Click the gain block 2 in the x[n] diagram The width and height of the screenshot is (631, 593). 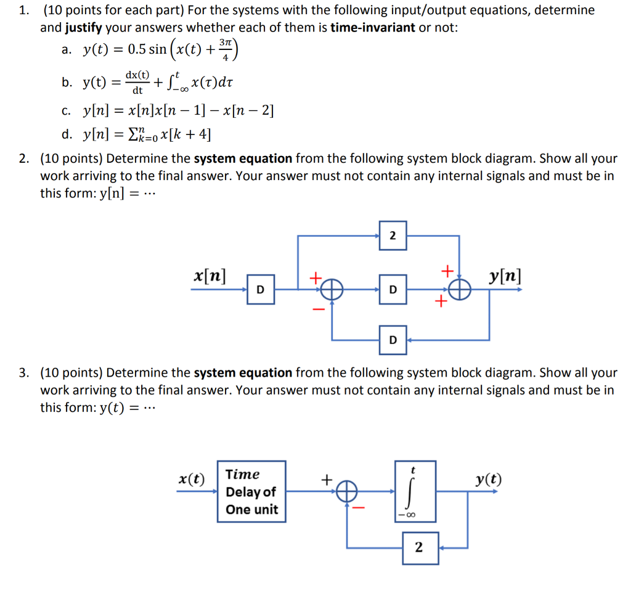pyautogui.click(x=393, y=235)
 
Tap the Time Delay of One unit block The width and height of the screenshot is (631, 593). pyautogui.click(x=251, y=491)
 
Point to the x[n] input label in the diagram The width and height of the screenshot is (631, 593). pyautogui.click(x=210, y=274)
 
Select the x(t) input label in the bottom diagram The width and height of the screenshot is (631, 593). pyautogui.click(x=192, y=479)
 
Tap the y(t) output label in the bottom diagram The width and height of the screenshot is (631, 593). pyautogui.click(x=489, y=479)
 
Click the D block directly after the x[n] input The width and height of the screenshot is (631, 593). pyautogui.click(x=261, y=289)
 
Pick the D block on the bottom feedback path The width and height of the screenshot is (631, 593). pyautogui.click(x=393, y=340)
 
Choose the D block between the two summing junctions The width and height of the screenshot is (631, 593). pyautogui.click(x=393, y=289)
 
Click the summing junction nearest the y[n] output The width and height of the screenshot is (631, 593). pyautogui.click(x=460, y=289)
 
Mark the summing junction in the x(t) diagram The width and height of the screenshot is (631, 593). pyautogui.click(x=348, y=491)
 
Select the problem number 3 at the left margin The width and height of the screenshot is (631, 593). pyautogui.click(x=23, y=373)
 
